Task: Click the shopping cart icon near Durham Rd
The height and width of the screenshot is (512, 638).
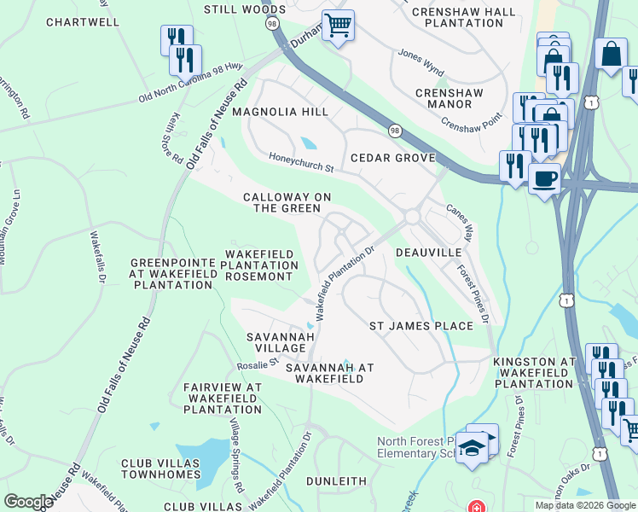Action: tap(339, 26)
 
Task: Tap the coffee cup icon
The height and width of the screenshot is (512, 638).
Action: tap(544, 179)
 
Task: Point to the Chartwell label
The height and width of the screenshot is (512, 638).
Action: tap(83, 22)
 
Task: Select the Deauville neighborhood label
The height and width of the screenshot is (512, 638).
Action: tap(428, 253)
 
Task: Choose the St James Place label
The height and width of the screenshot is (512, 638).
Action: tap(420, 326)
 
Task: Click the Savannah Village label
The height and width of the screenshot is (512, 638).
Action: tap(275, 343)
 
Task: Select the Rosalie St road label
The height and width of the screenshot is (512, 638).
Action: tap(257, 364)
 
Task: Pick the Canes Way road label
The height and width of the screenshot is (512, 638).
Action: tap(459, 221)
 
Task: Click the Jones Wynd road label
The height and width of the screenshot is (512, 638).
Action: tap(420, 63)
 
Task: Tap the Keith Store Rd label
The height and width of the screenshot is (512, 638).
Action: tap(176, 139)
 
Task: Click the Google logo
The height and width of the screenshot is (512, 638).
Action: tap(28, 502)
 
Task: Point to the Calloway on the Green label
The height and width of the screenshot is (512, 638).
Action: tap(287, 202)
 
